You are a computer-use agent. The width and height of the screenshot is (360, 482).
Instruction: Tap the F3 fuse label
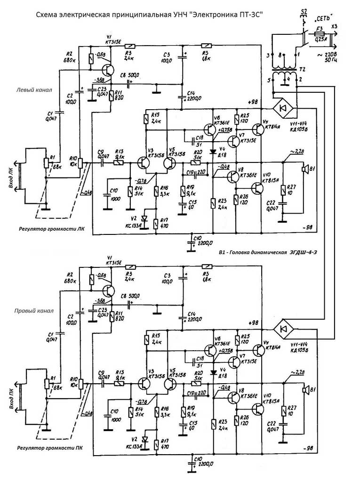point(319,28)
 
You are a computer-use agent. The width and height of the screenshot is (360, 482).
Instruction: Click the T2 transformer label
point(303,69)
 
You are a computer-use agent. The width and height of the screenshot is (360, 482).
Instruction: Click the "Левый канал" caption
point(34,89)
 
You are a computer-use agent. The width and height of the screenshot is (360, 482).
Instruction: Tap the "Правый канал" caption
point(34,311)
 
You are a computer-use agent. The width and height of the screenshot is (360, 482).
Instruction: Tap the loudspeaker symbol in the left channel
point(305,168)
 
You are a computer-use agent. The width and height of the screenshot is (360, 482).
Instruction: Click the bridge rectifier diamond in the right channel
point(284,328)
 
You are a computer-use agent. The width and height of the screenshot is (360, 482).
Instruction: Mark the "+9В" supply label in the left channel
point(254,102)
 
